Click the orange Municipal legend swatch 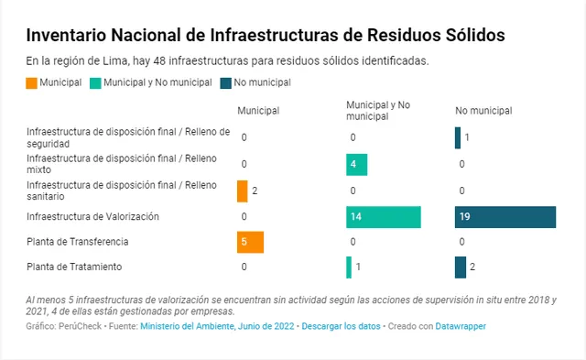click(32, 82)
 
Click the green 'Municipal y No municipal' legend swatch click(95, 82)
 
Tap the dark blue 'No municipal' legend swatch click(225, 82)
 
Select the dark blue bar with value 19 click(505, 217)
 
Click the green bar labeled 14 click(384, 217)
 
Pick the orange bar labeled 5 click(250, 242)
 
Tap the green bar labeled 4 click(356, 165)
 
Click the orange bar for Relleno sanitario click(242, 191)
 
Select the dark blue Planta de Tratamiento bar click(460, 267)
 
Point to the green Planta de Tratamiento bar click(349, 267)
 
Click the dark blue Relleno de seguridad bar click(458, 137)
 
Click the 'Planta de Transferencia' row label click(78, 242)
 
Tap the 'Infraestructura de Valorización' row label click(93, 217)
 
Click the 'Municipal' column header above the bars click(258, 111)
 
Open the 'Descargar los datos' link click(340, 326)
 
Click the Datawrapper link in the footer click(460, 326)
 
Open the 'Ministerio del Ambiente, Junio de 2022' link click(218, 326)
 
